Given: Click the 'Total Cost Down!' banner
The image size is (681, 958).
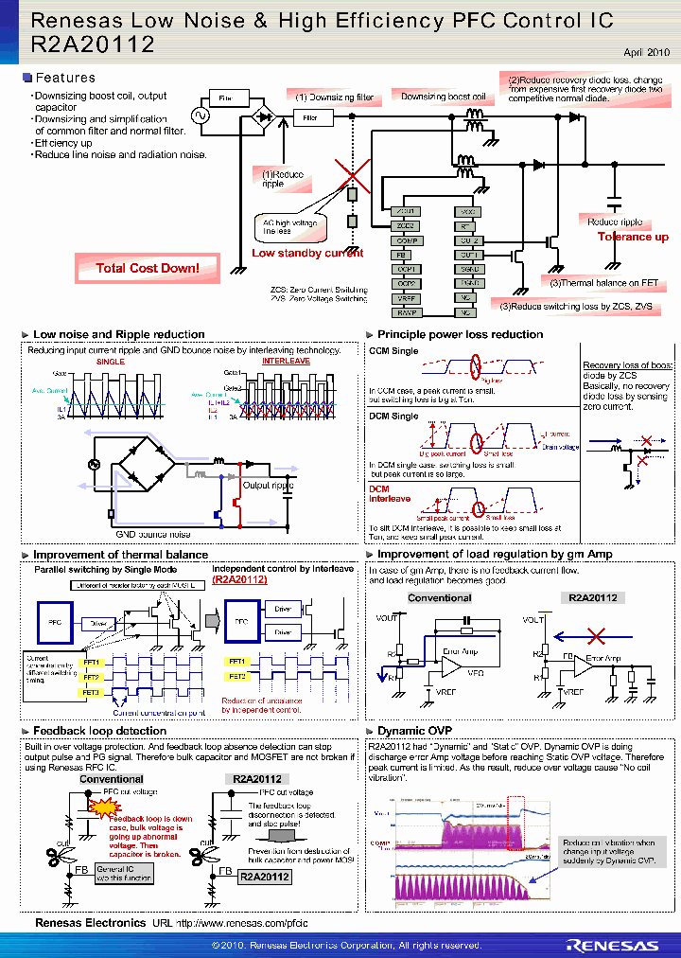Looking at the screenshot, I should [148, 269].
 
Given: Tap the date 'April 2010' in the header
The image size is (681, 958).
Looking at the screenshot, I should [646, 53].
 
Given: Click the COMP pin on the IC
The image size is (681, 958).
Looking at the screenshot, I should [406, 240].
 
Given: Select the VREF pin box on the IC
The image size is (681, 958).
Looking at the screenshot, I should [406, 297].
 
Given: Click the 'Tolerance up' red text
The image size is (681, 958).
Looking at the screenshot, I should [633, 237].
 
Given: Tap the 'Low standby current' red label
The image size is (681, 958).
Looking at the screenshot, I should [307, 253].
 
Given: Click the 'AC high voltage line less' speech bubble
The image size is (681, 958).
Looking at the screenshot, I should [289, 225].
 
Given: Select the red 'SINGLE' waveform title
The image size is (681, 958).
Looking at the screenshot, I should [111, 362].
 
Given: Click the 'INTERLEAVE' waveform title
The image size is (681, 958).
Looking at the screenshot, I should [285, 362].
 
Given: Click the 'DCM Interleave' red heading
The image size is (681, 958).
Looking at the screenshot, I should [390, 493].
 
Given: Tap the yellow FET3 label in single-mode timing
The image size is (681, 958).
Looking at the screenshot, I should [92, 693].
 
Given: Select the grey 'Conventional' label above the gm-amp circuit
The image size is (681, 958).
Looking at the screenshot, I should [439, 598].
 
